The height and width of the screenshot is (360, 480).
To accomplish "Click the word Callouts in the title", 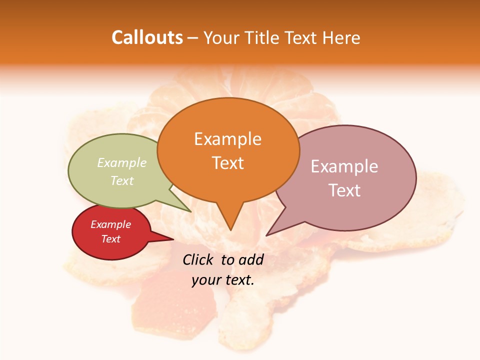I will [147, 37].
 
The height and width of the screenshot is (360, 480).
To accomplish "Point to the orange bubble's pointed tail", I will [230, 220].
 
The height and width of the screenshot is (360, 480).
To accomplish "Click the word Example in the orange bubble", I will [228, 139].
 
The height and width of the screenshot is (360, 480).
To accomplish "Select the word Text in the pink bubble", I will [344, 190].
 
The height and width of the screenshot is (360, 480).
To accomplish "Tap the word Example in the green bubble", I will [122, 162].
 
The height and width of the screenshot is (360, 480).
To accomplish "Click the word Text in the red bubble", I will [111, 239].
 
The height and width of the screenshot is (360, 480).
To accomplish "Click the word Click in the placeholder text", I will [199, 259].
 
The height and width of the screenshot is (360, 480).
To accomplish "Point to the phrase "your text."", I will [223, 280].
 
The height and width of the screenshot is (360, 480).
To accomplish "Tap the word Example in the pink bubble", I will [344, 166].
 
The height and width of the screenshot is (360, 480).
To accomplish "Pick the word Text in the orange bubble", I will [228, 163].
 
